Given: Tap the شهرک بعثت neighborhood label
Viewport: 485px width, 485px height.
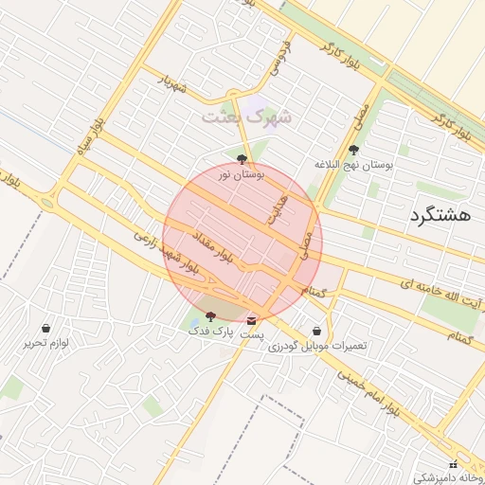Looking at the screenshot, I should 246,117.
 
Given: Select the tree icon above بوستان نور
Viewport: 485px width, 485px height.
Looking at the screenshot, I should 242,159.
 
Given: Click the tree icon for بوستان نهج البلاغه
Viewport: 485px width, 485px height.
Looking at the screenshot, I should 354,150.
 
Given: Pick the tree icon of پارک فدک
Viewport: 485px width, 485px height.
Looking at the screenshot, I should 209,316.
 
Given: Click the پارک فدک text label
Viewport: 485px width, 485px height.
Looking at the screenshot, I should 208,332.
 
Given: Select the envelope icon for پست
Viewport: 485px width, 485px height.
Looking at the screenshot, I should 251,320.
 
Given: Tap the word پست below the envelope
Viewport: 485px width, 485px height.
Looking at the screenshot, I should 251,335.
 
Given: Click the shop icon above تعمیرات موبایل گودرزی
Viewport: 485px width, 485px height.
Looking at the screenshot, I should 315,332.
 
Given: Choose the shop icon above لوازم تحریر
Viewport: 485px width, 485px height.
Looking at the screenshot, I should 46,328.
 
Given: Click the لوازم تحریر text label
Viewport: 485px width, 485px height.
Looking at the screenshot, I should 46,343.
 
